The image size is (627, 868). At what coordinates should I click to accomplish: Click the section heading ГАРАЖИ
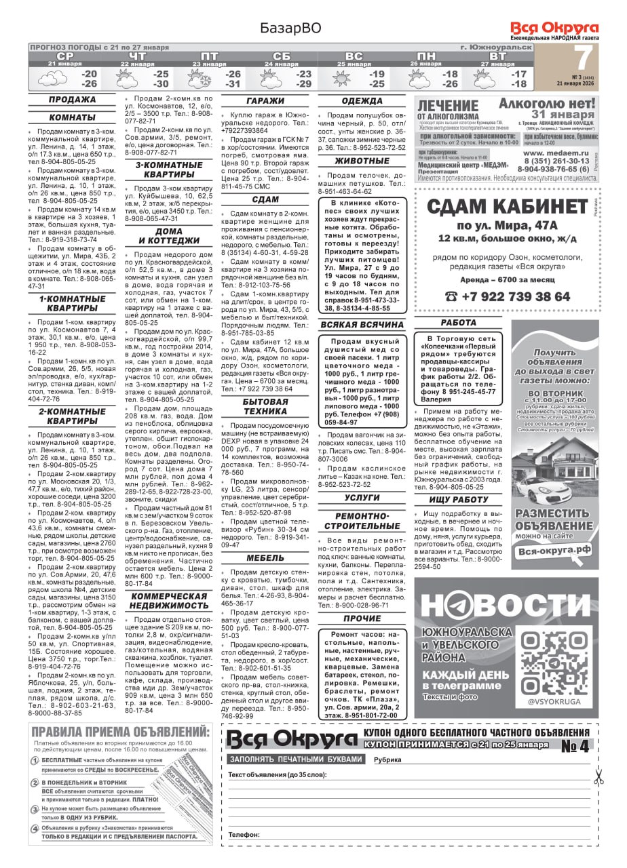click(x=265, y=101)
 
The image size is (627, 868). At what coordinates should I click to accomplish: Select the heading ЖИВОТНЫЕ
click(x=362, y=161)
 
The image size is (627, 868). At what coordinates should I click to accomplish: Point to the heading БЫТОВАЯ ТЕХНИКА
click(x=265, y=406)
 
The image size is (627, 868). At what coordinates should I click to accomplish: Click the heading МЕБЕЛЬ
click(x=265, y=558)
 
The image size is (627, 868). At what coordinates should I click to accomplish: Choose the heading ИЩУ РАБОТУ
click(x=459, y=500)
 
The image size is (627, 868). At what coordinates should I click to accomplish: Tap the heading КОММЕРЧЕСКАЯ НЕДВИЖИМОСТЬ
click(x=169, y=601)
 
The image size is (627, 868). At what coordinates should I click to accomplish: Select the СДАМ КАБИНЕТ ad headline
click(x=506, y=205)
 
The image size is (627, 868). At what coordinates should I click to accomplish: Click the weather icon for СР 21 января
click(x=52, y=79)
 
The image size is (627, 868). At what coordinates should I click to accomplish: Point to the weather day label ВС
click(x=354, y=56)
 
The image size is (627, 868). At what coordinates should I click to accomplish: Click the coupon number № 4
click(x=575, y=745)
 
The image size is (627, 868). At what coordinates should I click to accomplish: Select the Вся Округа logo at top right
click(x=554, y=28)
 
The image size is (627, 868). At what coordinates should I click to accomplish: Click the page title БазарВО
click(x=290, y=28)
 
